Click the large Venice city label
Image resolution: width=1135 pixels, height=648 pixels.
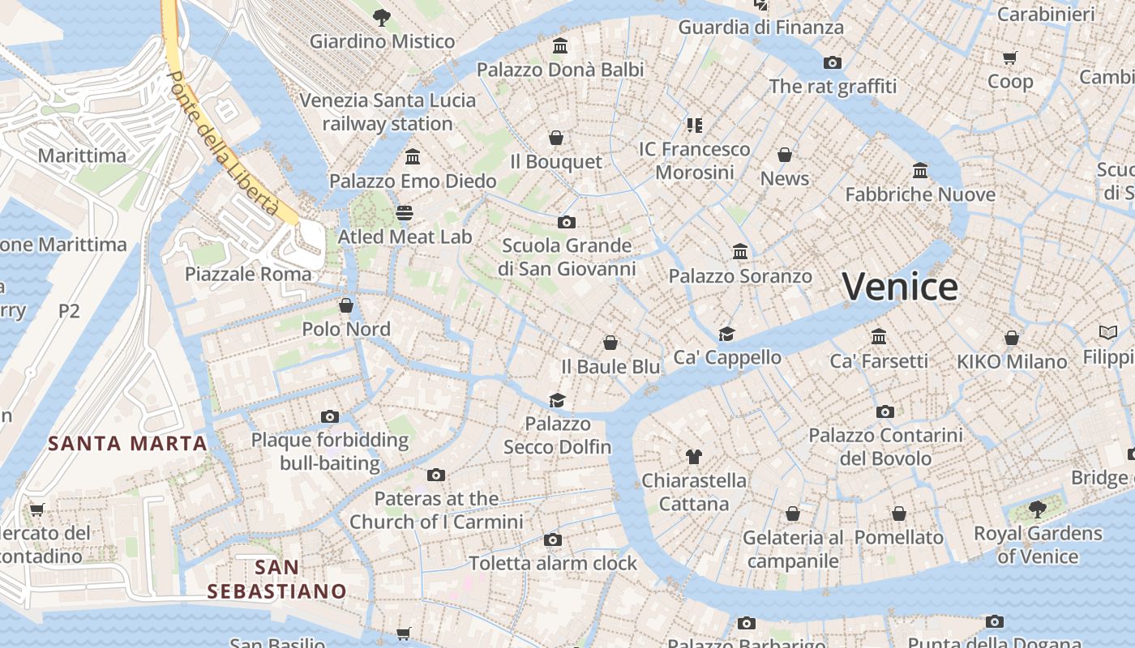click(x=900, y=287)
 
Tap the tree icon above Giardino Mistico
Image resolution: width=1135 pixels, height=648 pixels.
click(x=382, y=16)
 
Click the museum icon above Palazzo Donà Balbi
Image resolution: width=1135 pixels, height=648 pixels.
click(x=560, y=45)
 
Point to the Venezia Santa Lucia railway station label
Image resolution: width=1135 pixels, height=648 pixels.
click(x=388, y=112)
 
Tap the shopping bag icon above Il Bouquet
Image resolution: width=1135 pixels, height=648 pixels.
click(x=556, y=138)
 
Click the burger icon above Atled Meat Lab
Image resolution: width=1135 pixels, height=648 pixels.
click(x=405, y=212)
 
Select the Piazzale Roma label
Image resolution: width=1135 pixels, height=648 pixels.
click(x=248, y=274)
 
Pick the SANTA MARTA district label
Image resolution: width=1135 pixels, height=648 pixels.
click(x=127, y=443)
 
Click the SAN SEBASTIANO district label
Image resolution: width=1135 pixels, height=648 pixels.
click(x=276, y=579)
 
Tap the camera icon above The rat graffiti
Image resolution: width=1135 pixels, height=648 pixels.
click(x=833, y=62)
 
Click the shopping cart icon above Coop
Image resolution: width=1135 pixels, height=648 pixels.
click(x=1010, y=58)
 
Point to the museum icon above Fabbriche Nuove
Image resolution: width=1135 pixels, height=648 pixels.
click(x=920, y=171)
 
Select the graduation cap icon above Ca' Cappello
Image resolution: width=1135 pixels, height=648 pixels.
click(x=727, y=334)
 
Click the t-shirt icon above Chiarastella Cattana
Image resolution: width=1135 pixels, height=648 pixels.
click(x=693, y=457)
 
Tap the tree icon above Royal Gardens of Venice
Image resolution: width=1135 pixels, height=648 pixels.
click(x=1037, y=509)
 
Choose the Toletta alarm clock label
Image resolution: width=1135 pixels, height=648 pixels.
click(x=553, y=563)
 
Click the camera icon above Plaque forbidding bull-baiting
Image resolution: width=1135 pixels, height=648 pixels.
click(x=330, y=416)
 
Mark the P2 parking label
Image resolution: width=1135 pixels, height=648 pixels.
click(x=69, y=310)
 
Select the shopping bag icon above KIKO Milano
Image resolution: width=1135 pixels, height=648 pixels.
click(x=1012, y=338)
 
